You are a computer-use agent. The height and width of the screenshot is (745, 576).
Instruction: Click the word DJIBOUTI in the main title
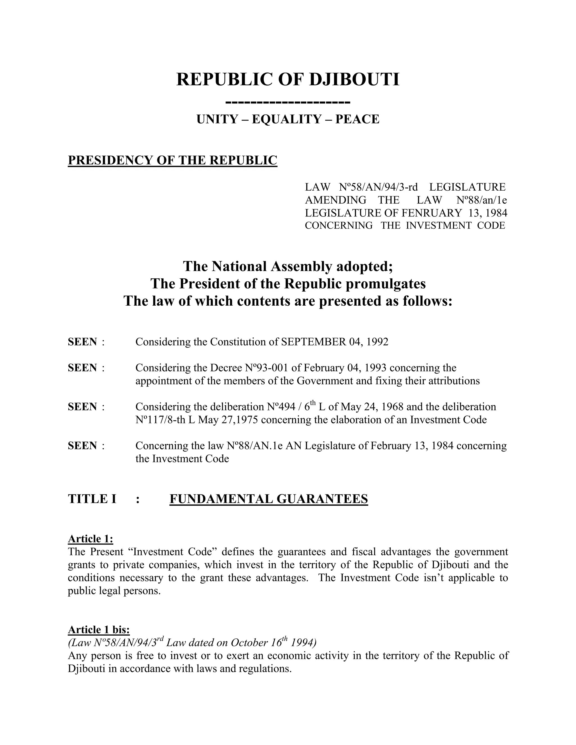[x=354, y=80]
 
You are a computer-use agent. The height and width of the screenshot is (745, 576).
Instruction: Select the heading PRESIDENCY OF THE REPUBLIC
[x=172, y=160]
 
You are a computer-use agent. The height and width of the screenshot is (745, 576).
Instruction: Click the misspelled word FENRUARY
[x=431, y=213]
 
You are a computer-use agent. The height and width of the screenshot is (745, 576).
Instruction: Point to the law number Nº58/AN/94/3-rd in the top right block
[x=379, y=187]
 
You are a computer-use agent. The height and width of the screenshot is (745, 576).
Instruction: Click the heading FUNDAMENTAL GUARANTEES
[x=269, y=499]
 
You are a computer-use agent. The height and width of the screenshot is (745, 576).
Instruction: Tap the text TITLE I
[x=92, y=499]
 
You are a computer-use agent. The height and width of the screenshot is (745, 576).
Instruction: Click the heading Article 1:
[x=91, y=539]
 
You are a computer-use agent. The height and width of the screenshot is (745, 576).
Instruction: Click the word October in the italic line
[x=249, y=643]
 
